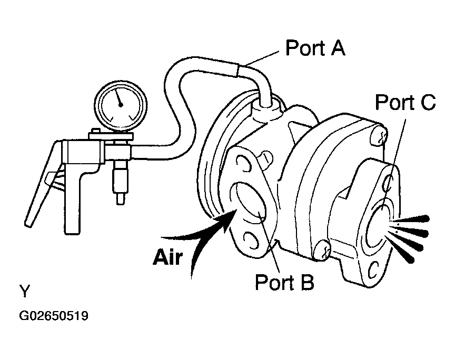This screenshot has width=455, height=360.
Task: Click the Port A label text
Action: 315,47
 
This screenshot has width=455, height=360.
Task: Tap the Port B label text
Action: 284,282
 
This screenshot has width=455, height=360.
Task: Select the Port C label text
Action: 405,102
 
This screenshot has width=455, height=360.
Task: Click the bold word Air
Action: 168,257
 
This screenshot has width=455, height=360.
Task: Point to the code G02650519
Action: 53,316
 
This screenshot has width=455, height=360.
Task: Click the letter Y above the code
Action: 24,291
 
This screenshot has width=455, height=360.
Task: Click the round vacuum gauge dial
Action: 121,106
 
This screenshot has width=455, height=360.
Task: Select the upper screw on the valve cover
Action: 379,135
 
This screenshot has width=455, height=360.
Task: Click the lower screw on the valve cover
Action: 323,249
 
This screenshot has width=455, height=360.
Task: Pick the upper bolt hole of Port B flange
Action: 244,164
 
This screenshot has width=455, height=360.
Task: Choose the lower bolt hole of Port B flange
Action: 251,240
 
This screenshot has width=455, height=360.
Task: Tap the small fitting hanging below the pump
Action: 120,182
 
